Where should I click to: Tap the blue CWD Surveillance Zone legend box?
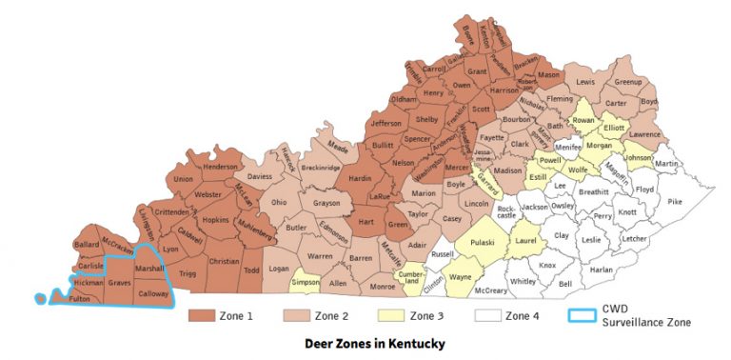[x=577, y=315]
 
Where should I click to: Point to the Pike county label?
[x=675, y=202]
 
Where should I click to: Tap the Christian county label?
[x=224, y=260]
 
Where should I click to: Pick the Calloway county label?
[x=152, y=294]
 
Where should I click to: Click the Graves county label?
[x=119, y=282]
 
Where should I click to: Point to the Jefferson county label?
[x=385, y=124]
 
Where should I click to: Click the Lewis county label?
[x=585, y=83]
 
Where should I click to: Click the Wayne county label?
[x=460, y=277]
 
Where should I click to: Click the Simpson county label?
[x=306, y=283]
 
